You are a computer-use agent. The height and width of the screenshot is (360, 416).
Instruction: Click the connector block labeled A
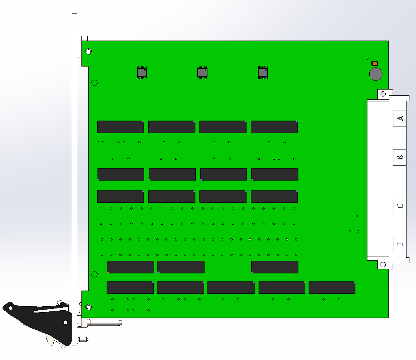(x=400, y=118)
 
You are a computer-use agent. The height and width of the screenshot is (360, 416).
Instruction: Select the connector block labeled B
(x=400, y=158)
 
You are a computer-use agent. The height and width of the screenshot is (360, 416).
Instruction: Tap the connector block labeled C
(x=400, y=206)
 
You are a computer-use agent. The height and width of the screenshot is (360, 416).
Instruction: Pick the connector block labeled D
(x=400, y=245)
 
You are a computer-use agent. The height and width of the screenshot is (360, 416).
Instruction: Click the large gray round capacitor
(x=376, y=74)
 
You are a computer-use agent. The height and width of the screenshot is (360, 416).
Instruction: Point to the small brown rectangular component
(x=375, y=63)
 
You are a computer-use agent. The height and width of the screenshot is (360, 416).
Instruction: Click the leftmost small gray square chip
(x=142, y=72)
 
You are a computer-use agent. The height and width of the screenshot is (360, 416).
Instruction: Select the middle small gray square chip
(x=202, y=72)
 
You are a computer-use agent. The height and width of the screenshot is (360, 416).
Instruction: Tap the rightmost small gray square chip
(x=263, y=72)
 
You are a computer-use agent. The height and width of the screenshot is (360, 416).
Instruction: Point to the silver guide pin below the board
(x=104, y=323)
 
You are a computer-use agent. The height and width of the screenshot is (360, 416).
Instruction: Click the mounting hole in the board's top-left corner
(x=89, y=51)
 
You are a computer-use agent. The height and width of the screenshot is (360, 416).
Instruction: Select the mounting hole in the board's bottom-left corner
(x=89, y=307)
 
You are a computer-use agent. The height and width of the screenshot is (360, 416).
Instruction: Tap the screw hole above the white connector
(x=383, y=94)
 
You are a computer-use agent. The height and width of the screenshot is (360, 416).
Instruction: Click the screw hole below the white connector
(x=383, y=264)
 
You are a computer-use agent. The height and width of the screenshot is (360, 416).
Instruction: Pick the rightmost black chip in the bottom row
(x=332, y=288)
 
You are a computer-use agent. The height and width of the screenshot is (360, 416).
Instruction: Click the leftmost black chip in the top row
(x=121, y=126)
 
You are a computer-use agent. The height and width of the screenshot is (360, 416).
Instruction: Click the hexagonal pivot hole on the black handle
(x=65, y=322)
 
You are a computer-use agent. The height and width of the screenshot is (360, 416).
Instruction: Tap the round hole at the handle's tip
(x=11, y=308)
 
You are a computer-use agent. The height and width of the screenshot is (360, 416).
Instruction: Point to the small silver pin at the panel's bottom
(x=83, y=339)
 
